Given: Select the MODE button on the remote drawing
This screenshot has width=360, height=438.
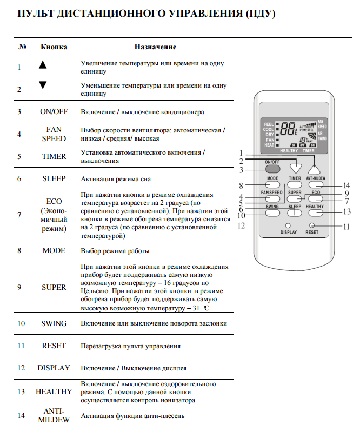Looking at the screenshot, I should [x=272, y=184].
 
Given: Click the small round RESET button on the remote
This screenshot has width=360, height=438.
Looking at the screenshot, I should [x=311, y=225].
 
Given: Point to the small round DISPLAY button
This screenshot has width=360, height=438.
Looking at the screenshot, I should [x=288, y=225].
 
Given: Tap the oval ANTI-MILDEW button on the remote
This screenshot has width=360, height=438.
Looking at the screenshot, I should [x=315, y=184].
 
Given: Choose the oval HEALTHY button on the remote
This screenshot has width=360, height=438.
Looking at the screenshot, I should [x=315, y=213].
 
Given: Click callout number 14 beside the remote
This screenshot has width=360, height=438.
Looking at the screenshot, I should [x=346, y=185].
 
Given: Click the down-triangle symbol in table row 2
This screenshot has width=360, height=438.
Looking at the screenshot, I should [x=43, y=85].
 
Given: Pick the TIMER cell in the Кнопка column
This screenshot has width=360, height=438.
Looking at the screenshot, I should [x=54, y=156].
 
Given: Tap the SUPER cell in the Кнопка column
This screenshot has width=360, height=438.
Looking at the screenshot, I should [x=54, y=287].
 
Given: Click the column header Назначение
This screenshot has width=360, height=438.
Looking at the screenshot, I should [x=156, y=47].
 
